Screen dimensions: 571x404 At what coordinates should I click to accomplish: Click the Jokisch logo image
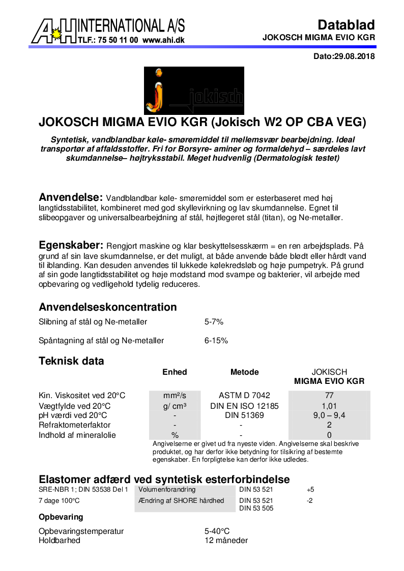click(x=194, y=91)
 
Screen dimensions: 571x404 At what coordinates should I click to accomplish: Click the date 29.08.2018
click(x=354, y=56)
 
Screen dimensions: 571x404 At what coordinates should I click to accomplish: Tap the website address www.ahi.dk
click(x=163, y=39)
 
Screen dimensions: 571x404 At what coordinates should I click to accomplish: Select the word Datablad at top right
click(x=346, y=25)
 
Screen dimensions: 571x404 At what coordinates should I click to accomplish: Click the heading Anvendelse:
click(x=71, y=198)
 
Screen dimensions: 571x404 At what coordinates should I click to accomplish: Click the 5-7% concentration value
click(x=214, y=322)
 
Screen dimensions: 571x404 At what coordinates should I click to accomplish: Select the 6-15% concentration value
click(x=216, y=341)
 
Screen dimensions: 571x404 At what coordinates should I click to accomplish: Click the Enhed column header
click(x=175, y=372)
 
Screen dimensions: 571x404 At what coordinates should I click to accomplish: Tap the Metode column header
click(x=244, y=372)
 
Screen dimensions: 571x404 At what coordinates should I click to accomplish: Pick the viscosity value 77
click(x=329, y=396)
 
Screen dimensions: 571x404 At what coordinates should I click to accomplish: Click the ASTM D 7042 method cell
click(x=244, y=396)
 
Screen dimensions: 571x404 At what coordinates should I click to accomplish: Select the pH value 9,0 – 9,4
click(x=329, y=415)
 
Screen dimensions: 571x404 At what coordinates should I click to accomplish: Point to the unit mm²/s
click(x=175, y=396)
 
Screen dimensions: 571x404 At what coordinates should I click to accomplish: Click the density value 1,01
click(x=329, y=406)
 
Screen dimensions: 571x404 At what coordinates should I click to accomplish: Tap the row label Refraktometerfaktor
click(x=74, y=425)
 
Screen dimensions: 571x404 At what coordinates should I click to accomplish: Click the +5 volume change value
click(x=310, y=490)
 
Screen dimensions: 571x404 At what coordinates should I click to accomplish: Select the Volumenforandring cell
click(x=167, y=490)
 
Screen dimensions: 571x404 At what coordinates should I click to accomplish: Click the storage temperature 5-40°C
click(x=217, y=531)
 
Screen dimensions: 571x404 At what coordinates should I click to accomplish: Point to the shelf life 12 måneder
click(x=226, y=540)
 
